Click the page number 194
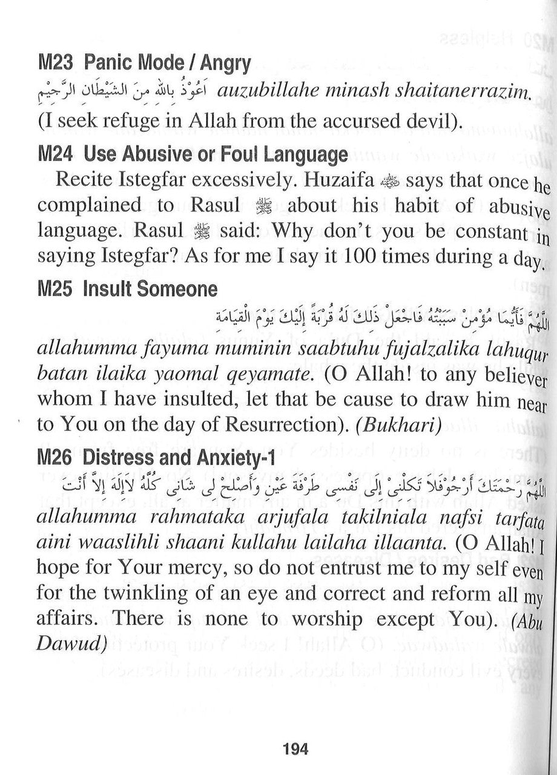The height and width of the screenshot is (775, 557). coord(295,750)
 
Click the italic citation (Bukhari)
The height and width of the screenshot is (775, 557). coord(398,426)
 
